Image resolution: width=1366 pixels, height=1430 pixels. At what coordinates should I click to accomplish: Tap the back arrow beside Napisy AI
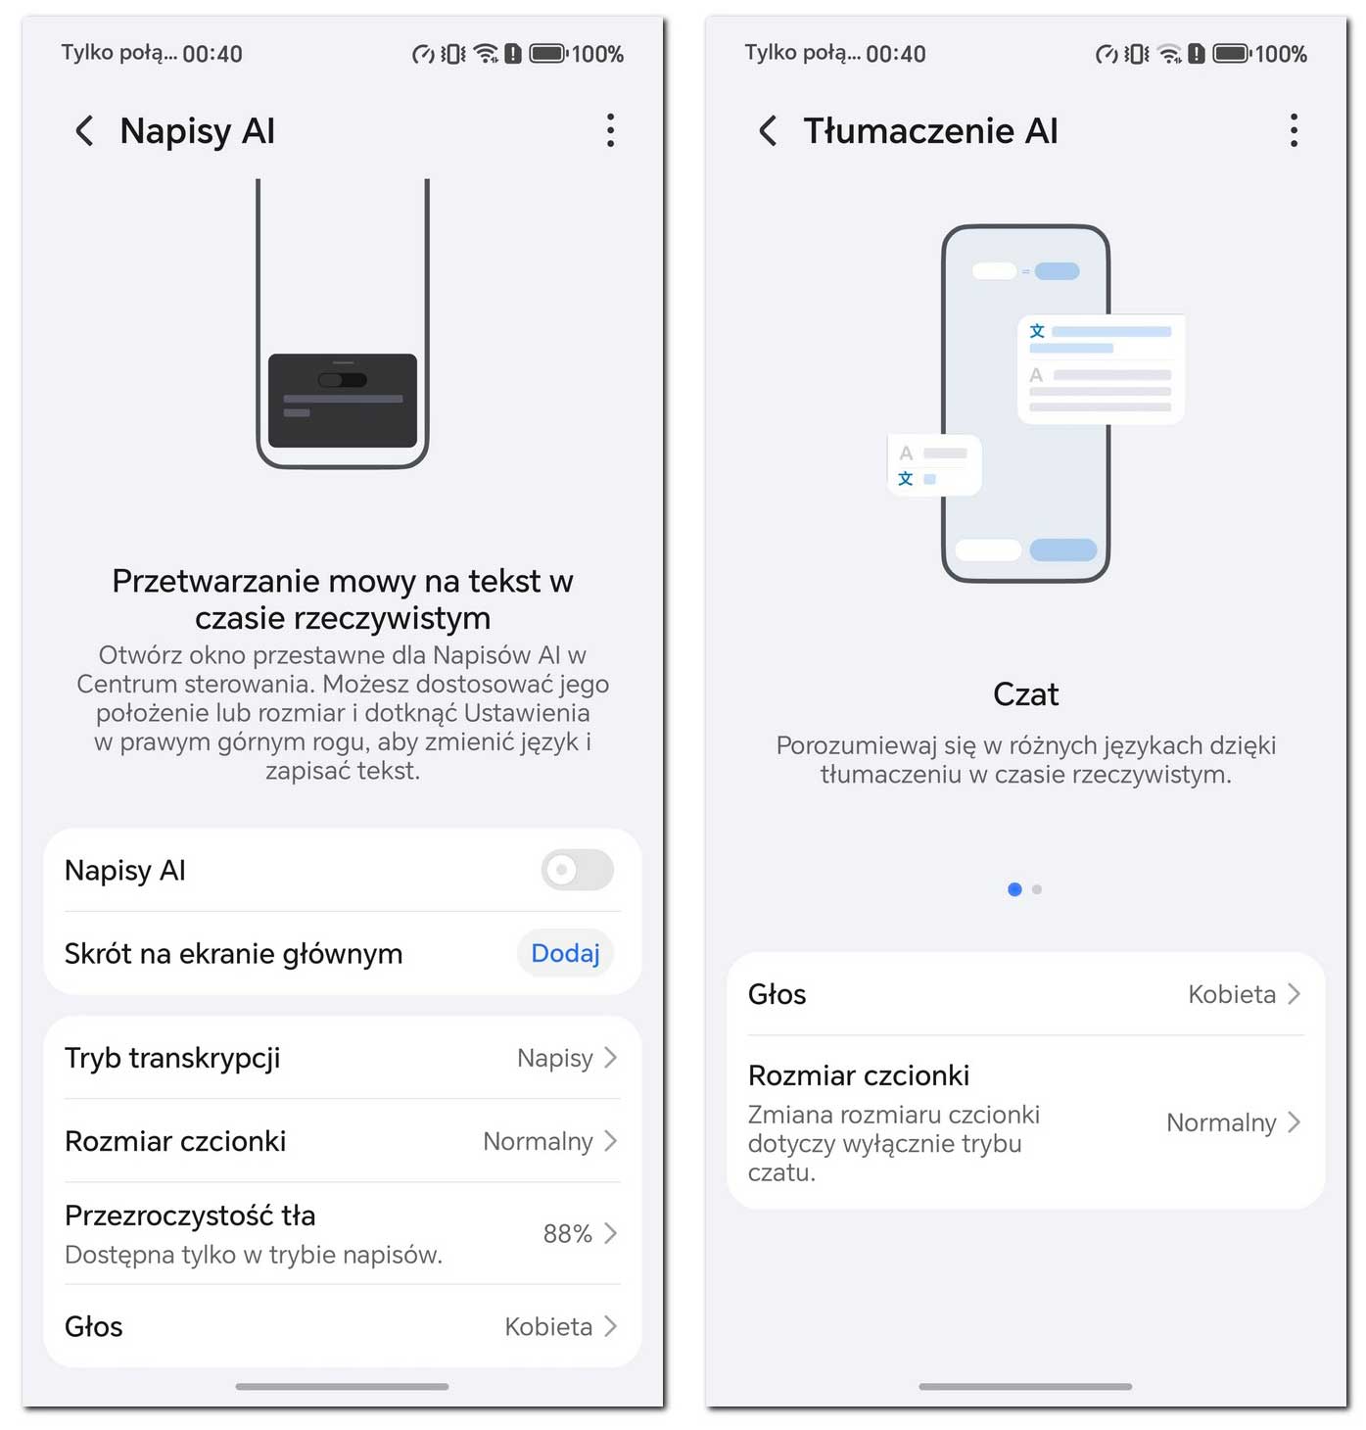[84, 131]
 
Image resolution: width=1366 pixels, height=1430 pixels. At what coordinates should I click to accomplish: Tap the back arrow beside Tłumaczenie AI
[767, 131]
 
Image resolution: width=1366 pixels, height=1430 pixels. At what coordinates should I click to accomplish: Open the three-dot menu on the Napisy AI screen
[609, 130]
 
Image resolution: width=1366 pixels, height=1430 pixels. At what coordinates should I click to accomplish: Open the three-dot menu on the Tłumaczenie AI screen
[1293, 130]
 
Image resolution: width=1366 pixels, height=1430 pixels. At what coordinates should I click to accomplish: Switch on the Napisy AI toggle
[577, 869]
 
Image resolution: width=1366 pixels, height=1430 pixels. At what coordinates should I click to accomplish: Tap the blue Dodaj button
[564, 952]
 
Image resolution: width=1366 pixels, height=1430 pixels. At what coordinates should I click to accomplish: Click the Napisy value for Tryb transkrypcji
[554, 1058]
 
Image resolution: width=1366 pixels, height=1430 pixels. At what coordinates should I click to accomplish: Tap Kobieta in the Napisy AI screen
[547, 1325]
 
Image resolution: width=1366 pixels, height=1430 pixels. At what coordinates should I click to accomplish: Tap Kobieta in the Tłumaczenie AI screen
[1231, 993]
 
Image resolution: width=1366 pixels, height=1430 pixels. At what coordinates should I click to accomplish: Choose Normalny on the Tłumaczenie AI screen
[1220, 1121]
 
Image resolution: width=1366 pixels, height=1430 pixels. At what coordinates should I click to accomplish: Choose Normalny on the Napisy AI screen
[538, 1140]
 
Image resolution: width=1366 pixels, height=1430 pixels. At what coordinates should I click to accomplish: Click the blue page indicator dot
[1014, 889]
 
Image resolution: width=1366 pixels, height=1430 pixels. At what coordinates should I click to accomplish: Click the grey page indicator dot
[1036, 889]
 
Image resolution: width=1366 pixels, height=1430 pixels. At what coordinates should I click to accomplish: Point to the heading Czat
[1025, 693]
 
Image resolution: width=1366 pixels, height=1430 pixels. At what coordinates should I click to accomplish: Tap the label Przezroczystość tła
[190, 1215]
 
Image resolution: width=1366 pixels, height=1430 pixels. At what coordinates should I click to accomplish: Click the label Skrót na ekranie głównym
[233, 953]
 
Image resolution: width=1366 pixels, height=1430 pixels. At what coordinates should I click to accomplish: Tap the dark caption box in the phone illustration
[343, 400]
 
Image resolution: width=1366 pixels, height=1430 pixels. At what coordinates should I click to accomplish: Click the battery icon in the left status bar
[547, 54]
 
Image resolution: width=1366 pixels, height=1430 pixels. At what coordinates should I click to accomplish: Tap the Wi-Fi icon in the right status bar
[1168, 54]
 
